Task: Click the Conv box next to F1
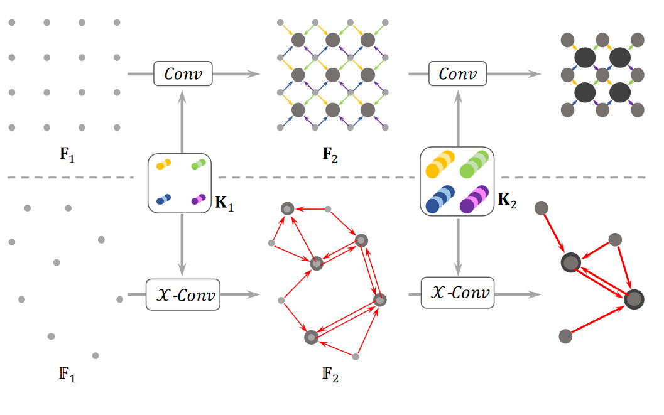(183, 74)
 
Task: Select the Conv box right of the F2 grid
(457, 74)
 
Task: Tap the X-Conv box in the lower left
(183, 294)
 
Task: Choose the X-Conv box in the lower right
(457, 293)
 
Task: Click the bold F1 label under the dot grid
(67, 154)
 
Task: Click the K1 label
(224, 205)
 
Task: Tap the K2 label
(506, 201)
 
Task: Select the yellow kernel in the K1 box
(163, 164)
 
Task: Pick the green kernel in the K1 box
(198, 164)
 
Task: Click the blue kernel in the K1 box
(163, 200)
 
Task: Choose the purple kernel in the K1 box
(199, 200)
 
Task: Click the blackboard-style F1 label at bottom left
(67, 378)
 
